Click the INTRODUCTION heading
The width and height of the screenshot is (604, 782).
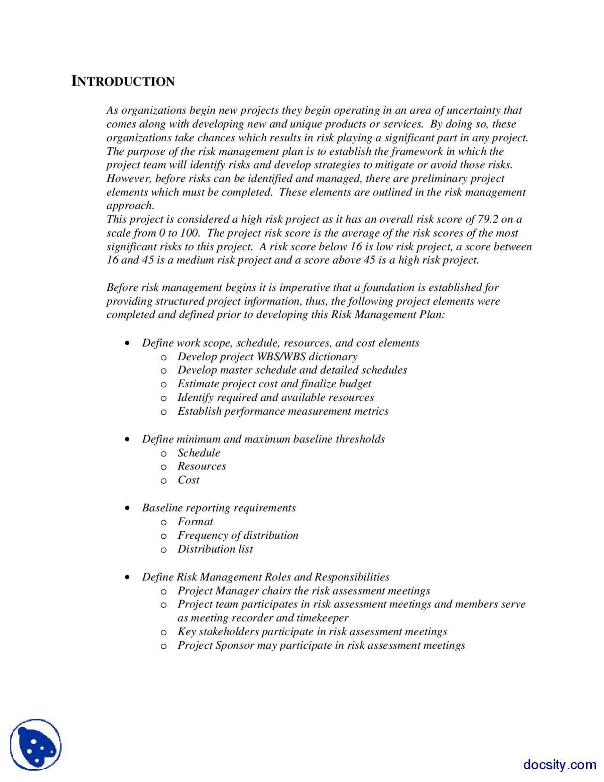tap(123, 81)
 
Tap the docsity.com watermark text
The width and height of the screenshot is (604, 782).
tap(559, 764)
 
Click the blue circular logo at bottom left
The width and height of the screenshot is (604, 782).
tap(36, 745)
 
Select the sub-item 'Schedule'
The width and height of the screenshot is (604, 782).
tap(199, 453)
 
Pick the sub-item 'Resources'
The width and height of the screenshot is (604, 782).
tap(201, 467)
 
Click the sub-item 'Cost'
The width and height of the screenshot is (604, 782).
tap(188, 480)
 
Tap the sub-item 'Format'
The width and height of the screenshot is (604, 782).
tap(195, 522)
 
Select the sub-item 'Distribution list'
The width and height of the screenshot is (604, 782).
tap(215, 549)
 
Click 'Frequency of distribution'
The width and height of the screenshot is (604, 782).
tap(238, 535)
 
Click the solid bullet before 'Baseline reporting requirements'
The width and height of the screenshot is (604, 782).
tap(127, 508)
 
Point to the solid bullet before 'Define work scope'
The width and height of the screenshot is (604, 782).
tap(127, 343)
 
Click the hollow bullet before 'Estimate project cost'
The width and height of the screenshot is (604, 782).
tap(164, 385)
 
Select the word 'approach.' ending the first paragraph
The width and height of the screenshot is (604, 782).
tap(130, 206)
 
